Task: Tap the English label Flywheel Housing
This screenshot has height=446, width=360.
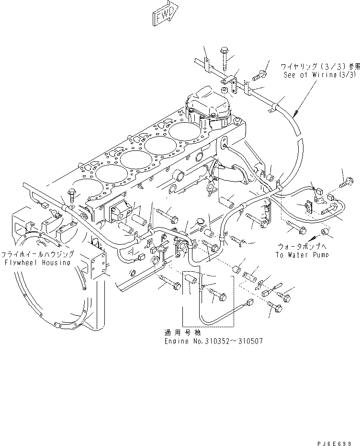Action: pyautogui.click(x=36, y=262)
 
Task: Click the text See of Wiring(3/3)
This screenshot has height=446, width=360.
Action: pyautogui.click(x=320, y=75)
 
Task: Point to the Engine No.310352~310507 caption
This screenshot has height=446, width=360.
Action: pyautogui.click(x=213, y=341)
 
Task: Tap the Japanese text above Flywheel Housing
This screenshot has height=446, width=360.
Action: pyautogui.click(x=37, y=254)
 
